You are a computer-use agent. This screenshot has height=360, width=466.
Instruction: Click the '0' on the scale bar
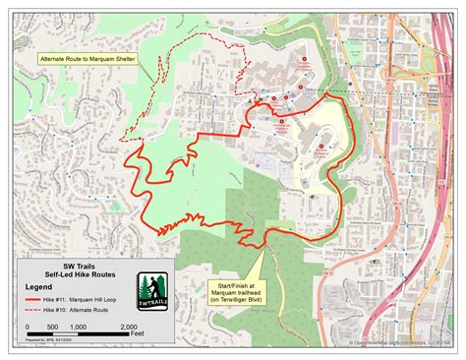[x=28, y=326]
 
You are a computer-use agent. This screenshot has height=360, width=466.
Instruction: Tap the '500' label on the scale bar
[x=53, y=326]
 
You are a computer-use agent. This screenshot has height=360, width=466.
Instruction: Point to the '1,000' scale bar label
[x=79, y=326]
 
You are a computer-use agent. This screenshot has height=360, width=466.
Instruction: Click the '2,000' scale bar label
[x=128, y=326]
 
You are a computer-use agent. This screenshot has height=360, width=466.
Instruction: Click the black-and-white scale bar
[x=79, y=334]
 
